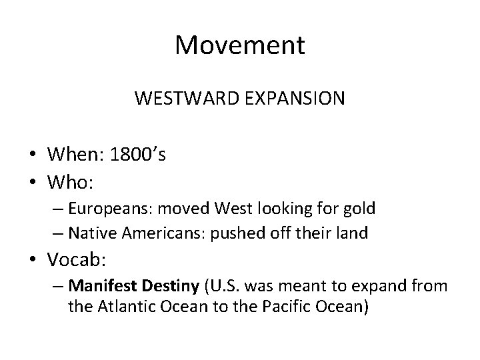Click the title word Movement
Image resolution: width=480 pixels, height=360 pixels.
240,46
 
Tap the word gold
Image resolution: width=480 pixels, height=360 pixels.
359,209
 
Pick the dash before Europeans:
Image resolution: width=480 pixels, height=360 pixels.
57,209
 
